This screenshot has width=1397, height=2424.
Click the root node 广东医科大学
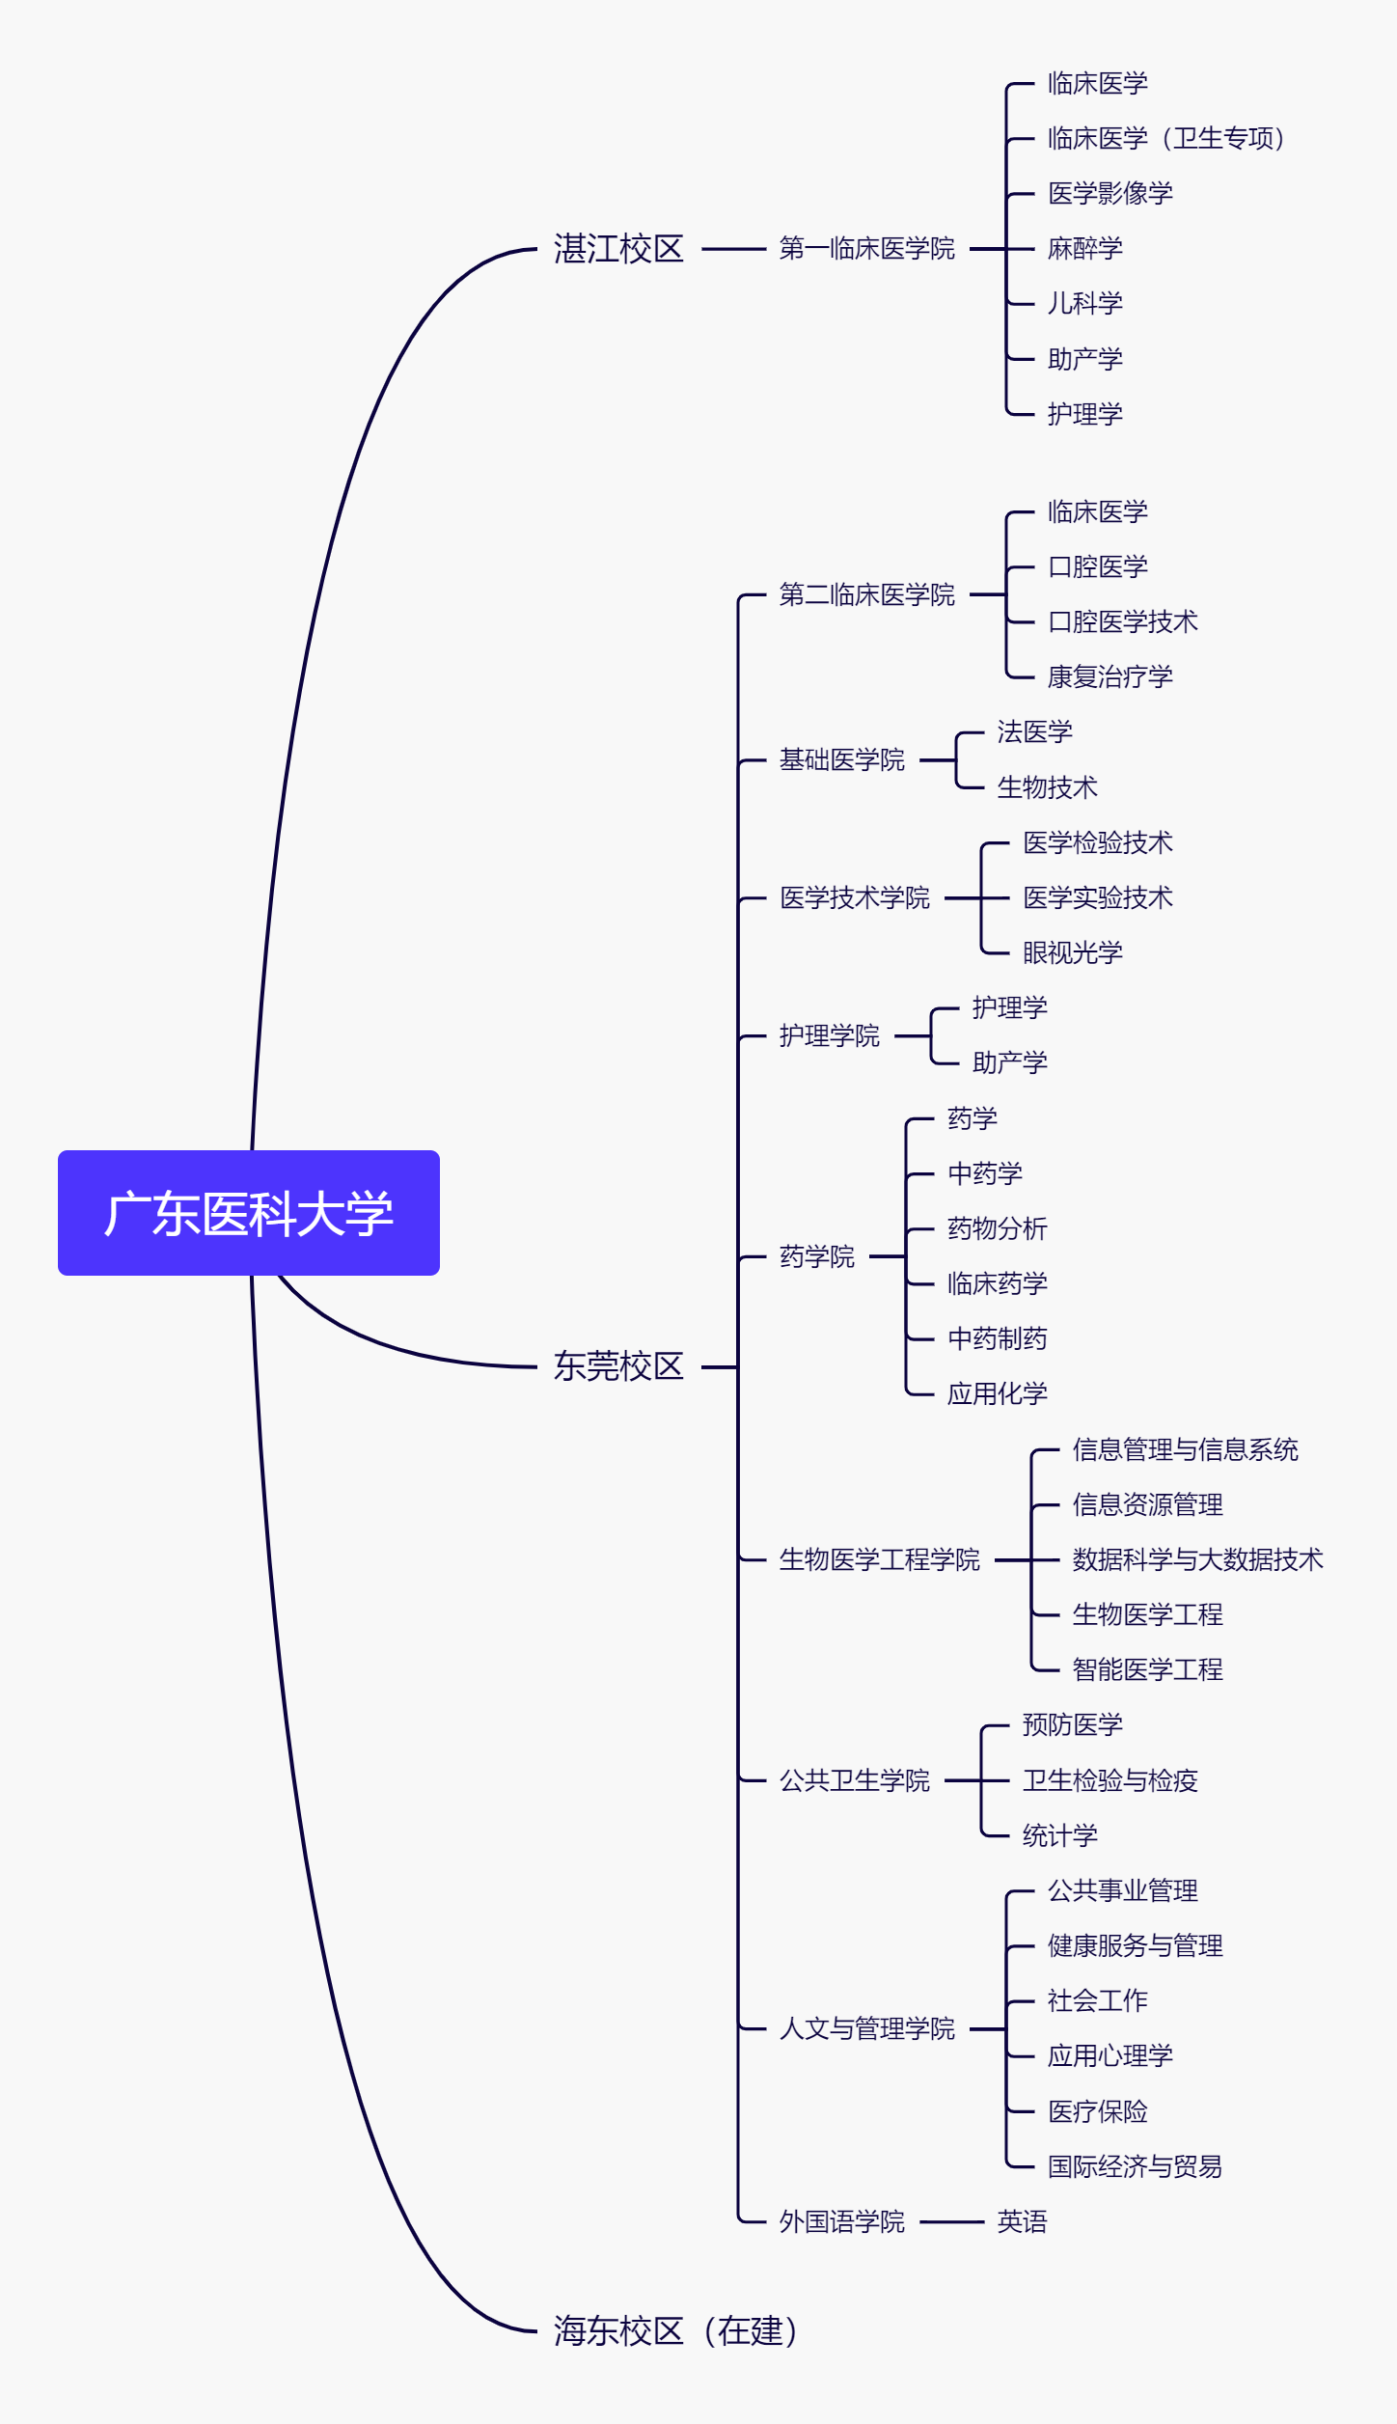[x=249, y=1213]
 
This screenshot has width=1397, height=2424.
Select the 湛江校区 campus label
[x=618, y=249]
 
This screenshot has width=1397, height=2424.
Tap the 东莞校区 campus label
[x=618, y=1366]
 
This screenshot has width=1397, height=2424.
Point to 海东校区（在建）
[x=676, y=2331]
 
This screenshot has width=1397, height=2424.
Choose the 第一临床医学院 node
[x=866, y=249]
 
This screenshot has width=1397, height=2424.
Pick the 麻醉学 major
[x=1085, y=249]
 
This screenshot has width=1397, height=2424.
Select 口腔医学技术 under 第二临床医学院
[x=1123, y=622]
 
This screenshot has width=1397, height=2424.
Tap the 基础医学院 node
[x=841, y=760]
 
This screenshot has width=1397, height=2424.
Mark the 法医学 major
[x=1035, y=732]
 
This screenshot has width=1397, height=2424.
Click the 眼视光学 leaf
[x=1073, y=953]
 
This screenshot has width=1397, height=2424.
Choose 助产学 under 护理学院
[x=1010, y=1063]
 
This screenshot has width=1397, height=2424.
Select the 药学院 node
[x=817, y=1256]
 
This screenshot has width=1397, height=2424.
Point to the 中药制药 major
[x=998, y=1339]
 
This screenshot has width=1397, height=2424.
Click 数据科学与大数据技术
[x=1197, y=1559]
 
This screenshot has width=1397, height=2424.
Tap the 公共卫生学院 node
[x=855, y=1780]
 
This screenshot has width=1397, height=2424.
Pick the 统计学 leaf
[x=1060, y=1835]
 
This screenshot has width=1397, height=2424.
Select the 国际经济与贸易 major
[x=1136, y=2167]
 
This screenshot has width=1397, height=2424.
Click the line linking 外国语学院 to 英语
[x=951, y=2222]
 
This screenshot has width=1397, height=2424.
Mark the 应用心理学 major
[x=1110, y=2056]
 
